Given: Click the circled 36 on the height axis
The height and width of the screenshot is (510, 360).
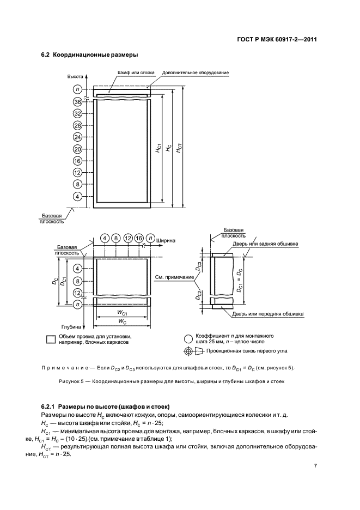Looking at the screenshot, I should pos(77,101).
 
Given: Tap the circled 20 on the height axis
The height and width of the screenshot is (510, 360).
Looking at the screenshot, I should pos(77,149).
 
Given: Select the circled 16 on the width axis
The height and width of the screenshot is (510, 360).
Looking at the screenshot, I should pos(139,239).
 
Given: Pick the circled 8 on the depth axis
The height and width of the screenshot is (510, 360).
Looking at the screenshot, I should pos(77,281).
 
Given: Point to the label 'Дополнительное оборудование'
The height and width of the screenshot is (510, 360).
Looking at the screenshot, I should pos(195,72).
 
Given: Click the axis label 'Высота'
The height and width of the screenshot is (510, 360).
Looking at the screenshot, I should pos(75,77).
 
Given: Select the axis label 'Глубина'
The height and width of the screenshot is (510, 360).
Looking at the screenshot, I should pos(71,327).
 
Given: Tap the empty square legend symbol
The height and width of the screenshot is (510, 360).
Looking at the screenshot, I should pos(51,338).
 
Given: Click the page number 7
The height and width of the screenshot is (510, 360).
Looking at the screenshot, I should pos(315,466).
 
